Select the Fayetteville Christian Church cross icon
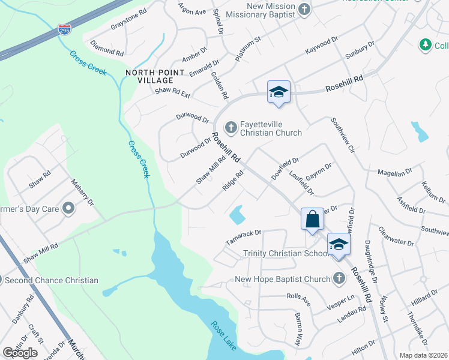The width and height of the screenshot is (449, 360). point(230,127)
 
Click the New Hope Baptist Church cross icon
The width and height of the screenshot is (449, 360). point(339,278)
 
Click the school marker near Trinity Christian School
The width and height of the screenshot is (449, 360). point(339,245)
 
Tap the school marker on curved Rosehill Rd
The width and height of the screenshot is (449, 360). point(279,92)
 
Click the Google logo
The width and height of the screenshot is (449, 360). point(20,353)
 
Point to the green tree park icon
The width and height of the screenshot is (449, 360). point(426,44)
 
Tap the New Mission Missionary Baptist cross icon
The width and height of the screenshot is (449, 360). point(304,9)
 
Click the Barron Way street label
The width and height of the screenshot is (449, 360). point(298,329)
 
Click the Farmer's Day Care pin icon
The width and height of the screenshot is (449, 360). point(68,209)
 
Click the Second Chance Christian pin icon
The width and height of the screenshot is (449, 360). point(2,280)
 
